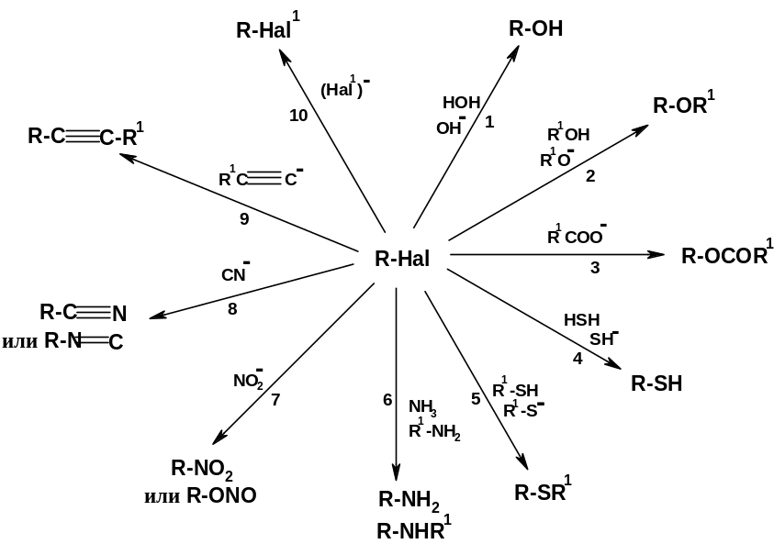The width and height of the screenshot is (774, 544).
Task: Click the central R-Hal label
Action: click(402, 259)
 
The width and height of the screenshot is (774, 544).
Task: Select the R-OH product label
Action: click(536, 28)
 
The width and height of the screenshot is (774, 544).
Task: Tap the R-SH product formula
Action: click(657, 383)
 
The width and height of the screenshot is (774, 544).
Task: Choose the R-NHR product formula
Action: click(414, 529)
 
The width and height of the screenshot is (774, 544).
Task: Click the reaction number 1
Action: click(489, 122)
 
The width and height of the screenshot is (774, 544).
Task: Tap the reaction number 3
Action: click(595, 268)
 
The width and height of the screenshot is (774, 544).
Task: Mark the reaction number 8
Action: click(232, 309)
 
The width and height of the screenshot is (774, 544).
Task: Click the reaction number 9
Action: click(244, 218)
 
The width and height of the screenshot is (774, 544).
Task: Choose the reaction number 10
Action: click(298, 116)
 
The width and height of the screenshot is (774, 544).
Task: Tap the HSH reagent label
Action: click(581, 320)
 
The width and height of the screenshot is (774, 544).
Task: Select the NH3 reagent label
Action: click(423, 407)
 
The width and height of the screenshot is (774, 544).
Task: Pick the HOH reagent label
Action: click(462, 102)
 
